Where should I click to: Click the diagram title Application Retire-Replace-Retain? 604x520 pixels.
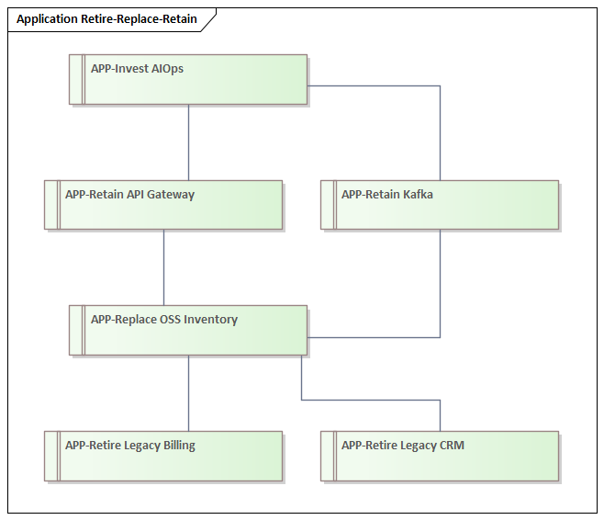106,19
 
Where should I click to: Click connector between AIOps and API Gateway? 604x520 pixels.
189,141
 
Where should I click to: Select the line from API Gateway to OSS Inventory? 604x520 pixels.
164,266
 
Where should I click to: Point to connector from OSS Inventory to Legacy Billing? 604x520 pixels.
189,392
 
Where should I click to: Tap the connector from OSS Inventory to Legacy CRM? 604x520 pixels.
367,400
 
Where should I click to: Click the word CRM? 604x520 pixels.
451,446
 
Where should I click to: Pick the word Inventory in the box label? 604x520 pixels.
210,320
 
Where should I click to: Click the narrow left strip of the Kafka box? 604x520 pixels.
329,204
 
